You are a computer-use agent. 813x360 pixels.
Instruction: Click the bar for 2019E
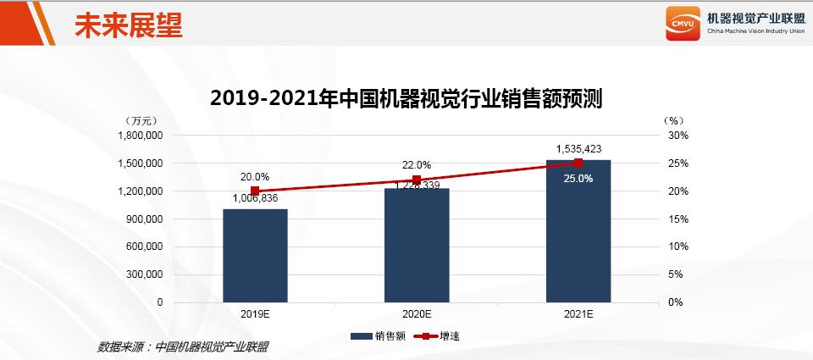point(255,255)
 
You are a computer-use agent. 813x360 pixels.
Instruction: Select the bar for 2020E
point(417,245)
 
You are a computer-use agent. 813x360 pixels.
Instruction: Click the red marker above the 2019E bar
point(255,191)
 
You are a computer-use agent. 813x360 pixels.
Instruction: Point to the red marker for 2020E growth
point(417,180)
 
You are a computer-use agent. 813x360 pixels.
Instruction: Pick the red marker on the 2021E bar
point(578,163)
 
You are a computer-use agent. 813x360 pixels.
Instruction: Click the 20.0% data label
point(255,177)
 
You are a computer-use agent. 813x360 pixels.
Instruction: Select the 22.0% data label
point(417,165)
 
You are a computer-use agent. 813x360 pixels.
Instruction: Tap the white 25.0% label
point(578,179)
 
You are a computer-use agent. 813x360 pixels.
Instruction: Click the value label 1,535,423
point(578,149)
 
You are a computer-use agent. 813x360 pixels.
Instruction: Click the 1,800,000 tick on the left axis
point(140,136)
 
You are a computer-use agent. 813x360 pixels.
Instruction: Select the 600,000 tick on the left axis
point(145,246)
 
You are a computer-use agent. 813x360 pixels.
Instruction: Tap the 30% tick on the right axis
point(678,136)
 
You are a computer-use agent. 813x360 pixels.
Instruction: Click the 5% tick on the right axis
point(676,274)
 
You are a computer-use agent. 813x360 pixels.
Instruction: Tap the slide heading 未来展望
point(128,24)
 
